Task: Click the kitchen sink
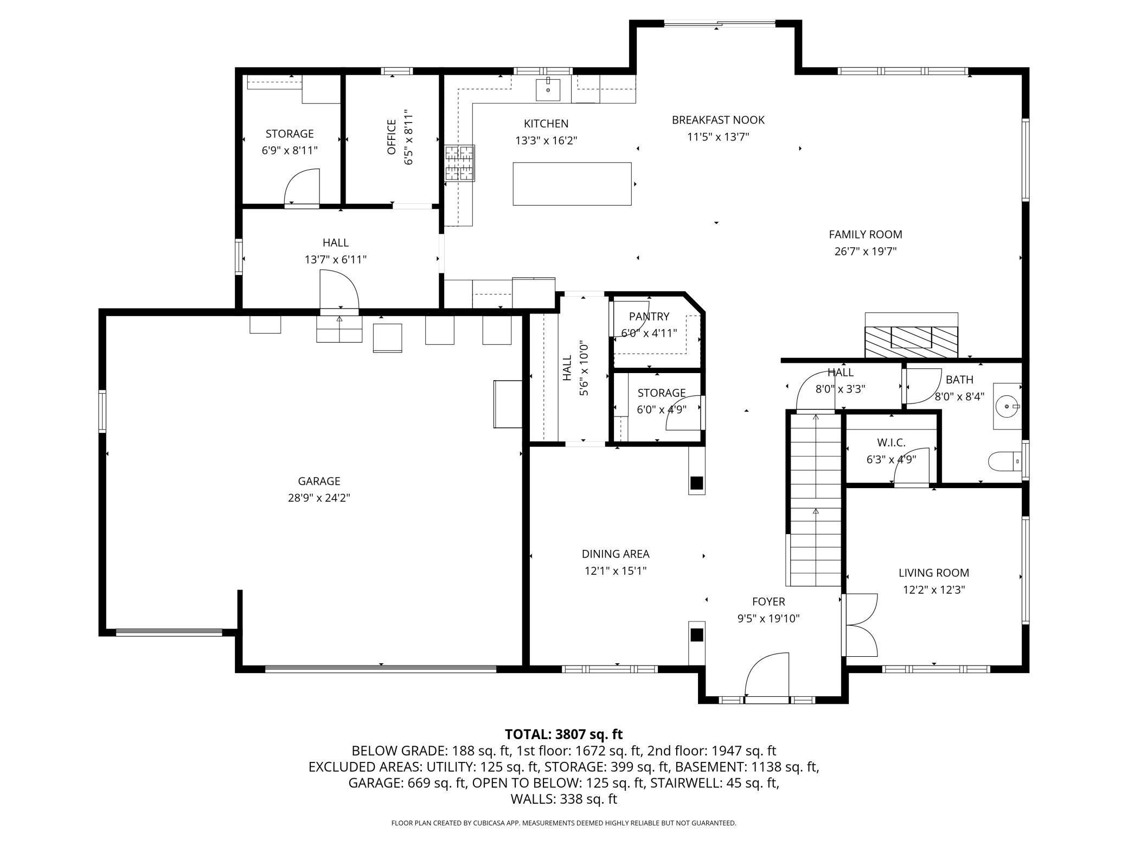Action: coord(548,89)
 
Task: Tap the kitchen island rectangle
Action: coord(572,184)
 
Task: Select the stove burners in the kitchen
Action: coord(460,163)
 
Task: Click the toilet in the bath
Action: coord(1005,463)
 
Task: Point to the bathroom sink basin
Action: coord(1008,406)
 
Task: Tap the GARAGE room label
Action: coord(319,481)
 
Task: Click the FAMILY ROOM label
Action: coord(866,234)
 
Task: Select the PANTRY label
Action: coord(649,316)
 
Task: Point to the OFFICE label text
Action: coord(392,137)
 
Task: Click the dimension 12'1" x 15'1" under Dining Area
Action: coord(616,571)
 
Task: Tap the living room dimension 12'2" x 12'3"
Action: coord(934,589)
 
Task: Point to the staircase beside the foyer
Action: coord(816,499)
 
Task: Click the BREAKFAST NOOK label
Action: coord(718,120)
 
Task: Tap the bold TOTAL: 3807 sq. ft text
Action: coord(564,734)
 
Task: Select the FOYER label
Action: coord(768,601)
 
